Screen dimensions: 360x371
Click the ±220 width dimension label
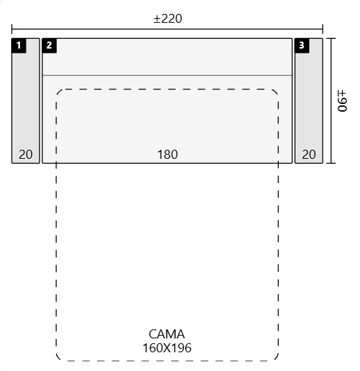click(168, 19)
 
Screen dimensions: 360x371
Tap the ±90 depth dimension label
click(342, 101)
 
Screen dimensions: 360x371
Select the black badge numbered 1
click(19, 45)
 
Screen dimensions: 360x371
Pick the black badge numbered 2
click(49, 45)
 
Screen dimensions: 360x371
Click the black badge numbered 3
click(302, 45)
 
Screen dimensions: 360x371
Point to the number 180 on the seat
click(168, 155)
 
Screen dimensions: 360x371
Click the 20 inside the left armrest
click(26, 155)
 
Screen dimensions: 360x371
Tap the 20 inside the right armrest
click(309, 155)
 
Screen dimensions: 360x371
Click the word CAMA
click(166, 334)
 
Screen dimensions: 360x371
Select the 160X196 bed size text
click(167, 348)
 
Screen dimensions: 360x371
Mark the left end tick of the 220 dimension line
click(12, 29)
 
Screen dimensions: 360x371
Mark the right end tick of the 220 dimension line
click(323, 29)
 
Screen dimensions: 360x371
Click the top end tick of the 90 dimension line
click(331, 38)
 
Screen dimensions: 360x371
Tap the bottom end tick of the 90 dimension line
click(331, 163)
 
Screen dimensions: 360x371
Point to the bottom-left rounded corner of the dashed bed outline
click(58, 359)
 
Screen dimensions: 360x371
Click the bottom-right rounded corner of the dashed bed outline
click(276, 359)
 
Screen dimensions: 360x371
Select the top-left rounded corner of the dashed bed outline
click(58, 92)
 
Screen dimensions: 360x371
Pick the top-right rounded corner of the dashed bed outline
click(276, 92)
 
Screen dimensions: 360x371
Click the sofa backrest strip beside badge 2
click(174, 57)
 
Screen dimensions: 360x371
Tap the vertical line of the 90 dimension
click(331, 101)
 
